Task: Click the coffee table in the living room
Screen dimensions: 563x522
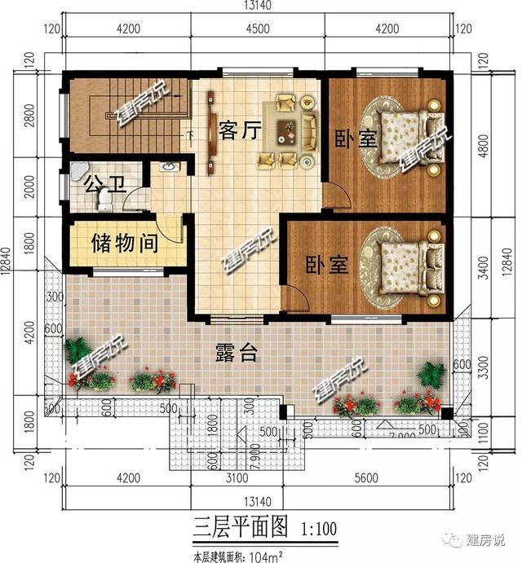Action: pos(288,129)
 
